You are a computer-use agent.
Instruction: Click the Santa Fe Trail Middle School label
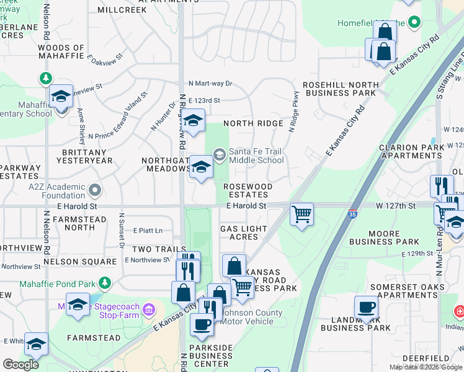[x=256, y=155]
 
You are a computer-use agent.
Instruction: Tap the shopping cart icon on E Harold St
[x=301, y=215]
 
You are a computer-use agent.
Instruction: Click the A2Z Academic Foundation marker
[x=94, y=188]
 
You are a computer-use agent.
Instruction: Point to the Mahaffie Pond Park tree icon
[x=105, y=283]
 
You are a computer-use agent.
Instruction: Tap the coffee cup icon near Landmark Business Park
[x=365, y=307]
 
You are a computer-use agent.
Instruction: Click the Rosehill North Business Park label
[x=340, y=89]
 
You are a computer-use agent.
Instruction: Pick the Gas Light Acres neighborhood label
[x=243, y=232]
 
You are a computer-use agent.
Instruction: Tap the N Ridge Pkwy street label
[x=295, y=112]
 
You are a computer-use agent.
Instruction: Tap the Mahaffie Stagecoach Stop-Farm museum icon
[x=149, y=309]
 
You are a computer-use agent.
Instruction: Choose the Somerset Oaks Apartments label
[x=408, y=291]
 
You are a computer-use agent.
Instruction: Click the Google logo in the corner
[x=20, y=365]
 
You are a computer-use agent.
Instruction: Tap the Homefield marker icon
[x=415, y=23]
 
